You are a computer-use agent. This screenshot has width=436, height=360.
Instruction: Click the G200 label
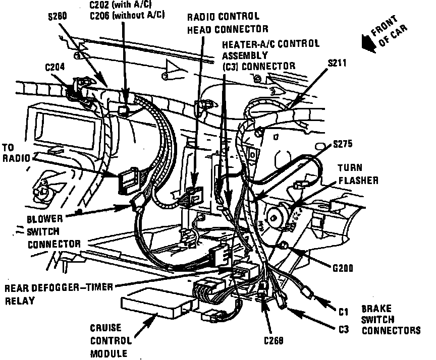[343, 268]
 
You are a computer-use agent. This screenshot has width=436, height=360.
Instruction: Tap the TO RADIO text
[17, 153]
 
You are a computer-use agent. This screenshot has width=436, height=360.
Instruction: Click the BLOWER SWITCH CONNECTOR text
[53, 231]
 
